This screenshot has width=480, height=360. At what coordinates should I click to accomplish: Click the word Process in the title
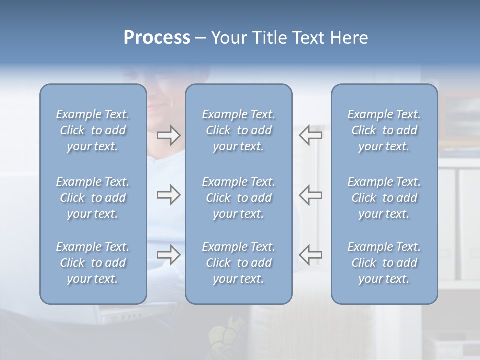(157, 38)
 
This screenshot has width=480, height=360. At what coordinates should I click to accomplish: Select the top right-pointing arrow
(169, 135)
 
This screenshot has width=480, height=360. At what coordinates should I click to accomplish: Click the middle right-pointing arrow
(169, 195)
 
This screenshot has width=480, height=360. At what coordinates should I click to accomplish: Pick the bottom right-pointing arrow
(169, 255)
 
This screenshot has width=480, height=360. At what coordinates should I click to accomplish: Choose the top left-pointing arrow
(311, 135)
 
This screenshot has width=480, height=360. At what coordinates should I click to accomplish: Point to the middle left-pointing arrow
(311, 195)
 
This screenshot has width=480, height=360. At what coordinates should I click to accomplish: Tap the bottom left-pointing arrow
(311, 255)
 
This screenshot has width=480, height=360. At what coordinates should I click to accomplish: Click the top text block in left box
(93, 130)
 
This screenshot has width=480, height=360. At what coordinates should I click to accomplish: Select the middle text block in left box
(93, 198)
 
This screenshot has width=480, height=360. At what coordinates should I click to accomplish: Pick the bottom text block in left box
(93, 263)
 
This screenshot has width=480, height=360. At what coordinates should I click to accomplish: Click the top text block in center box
(238, 130)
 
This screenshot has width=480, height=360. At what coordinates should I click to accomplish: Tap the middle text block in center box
(238, 198)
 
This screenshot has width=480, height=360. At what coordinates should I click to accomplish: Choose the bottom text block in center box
(238, 263)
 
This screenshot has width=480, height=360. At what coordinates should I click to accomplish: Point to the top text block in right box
(384, 130)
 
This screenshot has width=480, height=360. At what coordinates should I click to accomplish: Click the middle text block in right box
(384, 198)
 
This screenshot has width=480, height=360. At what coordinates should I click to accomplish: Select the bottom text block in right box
(384, 263)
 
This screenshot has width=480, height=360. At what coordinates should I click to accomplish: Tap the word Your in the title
(227, 38)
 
